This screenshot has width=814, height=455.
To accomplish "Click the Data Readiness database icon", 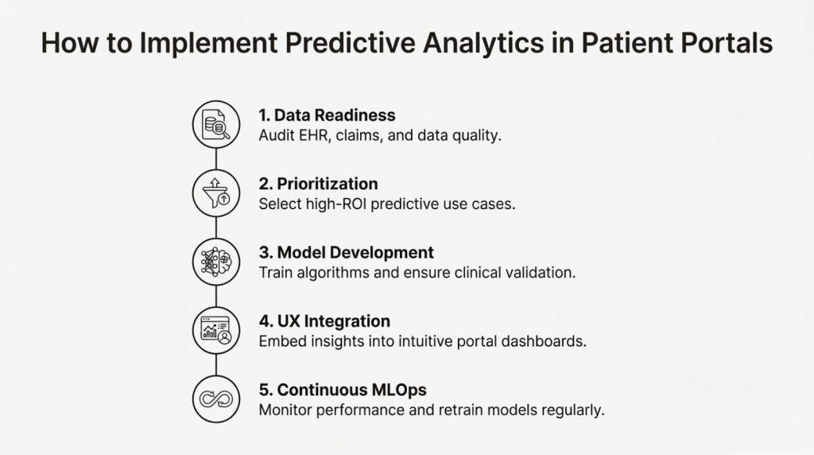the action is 216,125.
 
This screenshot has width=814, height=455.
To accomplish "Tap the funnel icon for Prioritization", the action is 216,193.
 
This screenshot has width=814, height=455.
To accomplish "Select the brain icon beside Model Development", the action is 216,262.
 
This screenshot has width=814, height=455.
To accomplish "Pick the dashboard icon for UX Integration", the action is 216,330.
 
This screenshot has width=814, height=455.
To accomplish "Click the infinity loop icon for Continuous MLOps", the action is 216,399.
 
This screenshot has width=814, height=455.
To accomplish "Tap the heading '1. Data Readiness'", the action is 327,115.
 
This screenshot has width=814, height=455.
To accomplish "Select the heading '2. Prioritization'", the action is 318,183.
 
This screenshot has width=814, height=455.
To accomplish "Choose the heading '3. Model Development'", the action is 347,252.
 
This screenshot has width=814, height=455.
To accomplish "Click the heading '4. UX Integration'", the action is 324,321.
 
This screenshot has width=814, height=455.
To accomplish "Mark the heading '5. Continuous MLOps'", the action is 343,390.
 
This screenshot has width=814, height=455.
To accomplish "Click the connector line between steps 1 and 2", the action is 216,159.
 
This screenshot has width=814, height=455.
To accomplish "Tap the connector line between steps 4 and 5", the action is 216,364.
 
